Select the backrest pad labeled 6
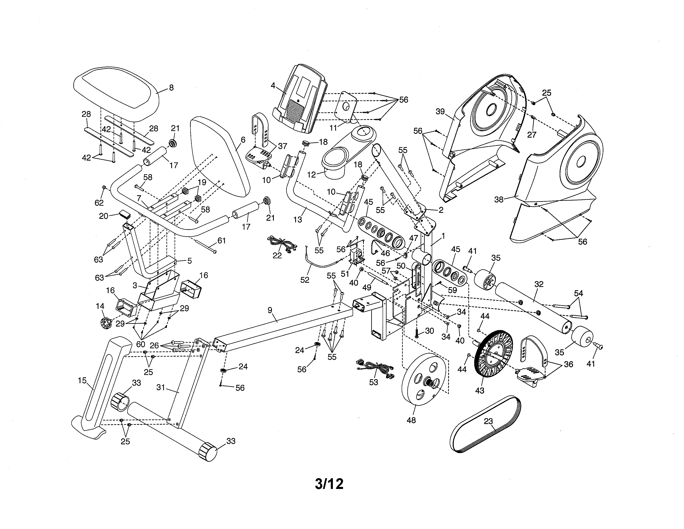[x=219, y=157]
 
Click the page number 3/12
[x=329, y=484]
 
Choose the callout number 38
[x=498, y=199]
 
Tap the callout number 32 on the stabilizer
[x=539, y=284]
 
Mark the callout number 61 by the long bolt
[x=221, y=240]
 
